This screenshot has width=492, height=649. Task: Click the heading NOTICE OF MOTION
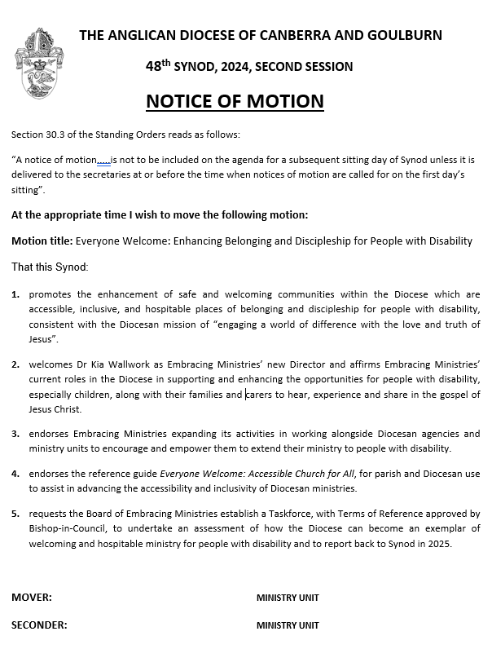pos(235,101)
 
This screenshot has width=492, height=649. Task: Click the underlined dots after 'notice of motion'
pos(103,161)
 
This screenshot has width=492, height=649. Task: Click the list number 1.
pos(15,294)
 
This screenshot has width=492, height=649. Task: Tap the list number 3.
pos(15,434)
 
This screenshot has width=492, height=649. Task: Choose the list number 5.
pos(15,514)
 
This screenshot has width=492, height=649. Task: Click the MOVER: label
pos(32,598)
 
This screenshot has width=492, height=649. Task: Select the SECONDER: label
pos(39,625)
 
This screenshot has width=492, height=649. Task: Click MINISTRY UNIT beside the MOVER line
pos(288,598)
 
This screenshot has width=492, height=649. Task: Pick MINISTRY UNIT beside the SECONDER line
pos(288,625)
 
